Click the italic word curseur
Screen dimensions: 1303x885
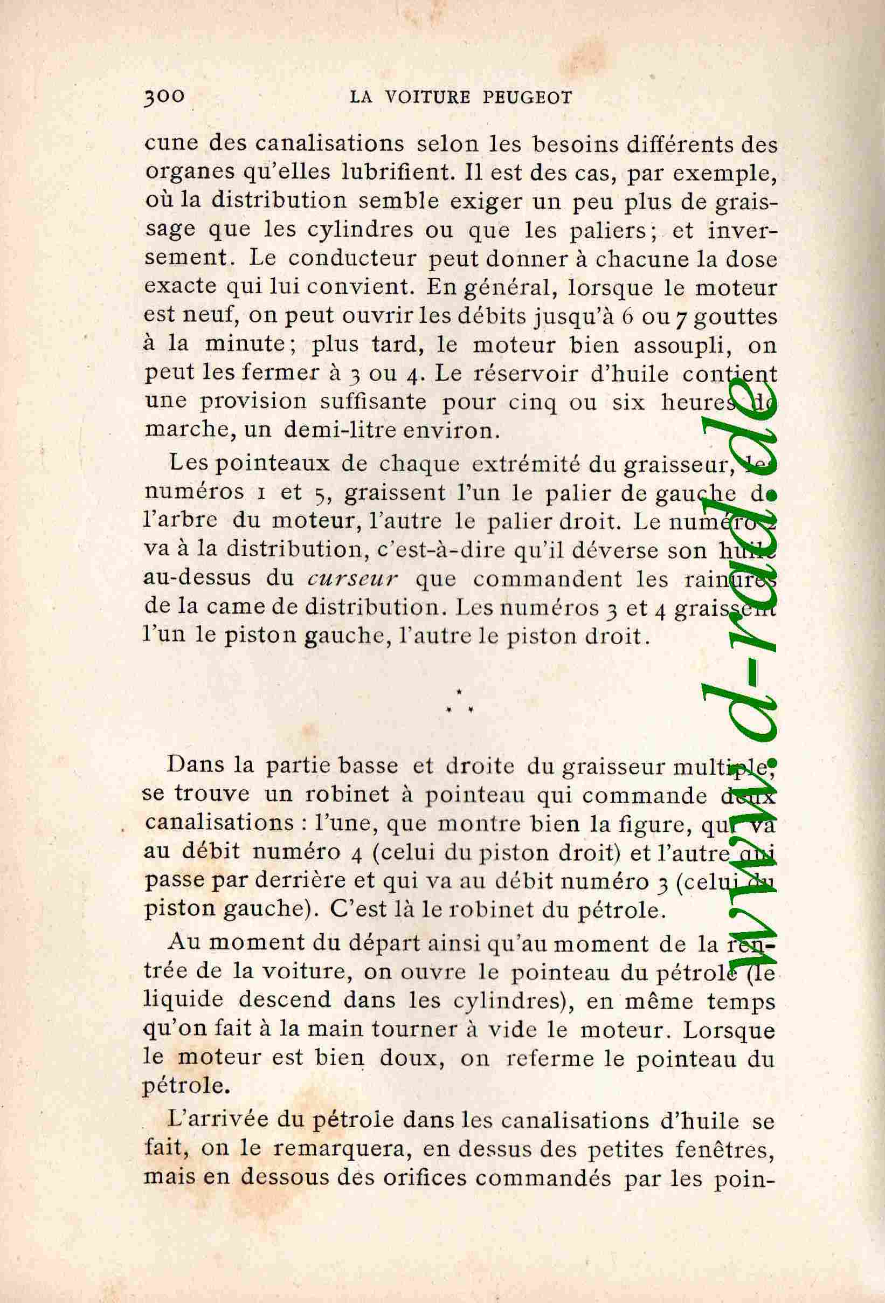click(x=352, y=578)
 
